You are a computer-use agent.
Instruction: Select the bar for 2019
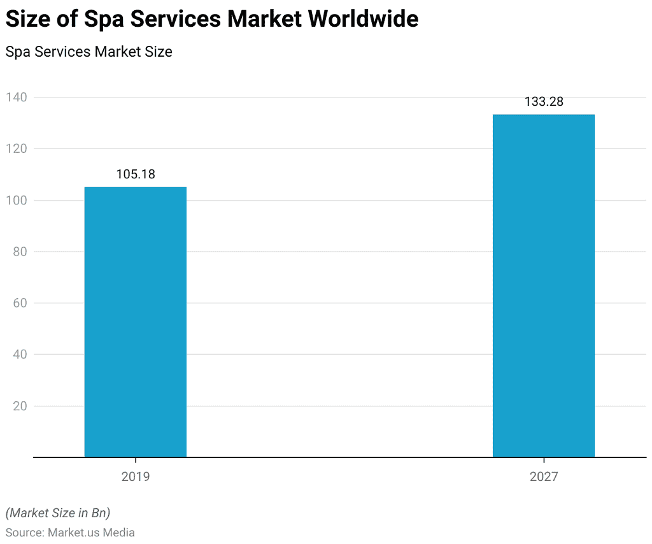pyautogui.click(x=136, y=322)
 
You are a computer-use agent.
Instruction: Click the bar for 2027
pyautogui.click(x=544, y=285)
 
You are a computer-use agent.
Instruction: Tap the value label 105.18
pyautogui.click(x=136, y=174)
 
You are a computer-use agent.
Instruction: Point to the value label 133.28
pyautogui.click(x=544, y=101)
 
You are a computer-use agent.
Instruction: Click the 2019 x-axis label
pyautogui.click(x=136, y=476)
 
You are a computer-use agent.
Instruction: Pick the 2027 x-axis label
pyautogui.click(x=544, y=476)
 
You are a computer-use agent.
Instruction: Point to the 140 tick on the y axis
pyautogui.click(x=17, y=97)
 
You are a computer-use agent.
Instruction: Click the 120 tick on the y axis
pyautogui.click(x=17, y=149)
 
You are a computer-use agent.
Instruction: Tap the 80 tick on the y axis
pyautogui.click(x=19, y=252)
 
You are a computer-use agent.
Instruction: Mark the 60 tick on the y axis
pyautogui.click(x=19, y=303)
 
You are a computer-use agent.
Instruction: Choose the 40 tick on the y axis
pyautogui.click(x=19, y=355)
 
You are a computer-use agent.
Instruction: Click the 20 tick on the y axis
pyautogui.click(x=19, y=406)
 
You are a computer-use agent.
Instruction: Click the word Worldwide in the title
pyautogui.click(x=364, y=19)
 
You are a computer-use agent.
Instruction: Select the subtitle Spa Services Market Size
pyautogui.click(x=89, y=52)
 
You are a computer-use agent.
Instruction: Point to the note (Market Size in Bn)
pyautogui.click(x=57, y=512)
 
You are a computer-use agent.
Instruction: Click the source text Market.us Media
pyautogui.click(x=91, y=532)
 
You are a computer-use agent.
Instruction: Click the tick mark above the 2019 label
pyautogui.click(x=136, y=461)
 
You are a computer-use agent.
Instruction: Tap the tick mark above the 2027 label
pyautogui.click(x=544, y=461)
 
